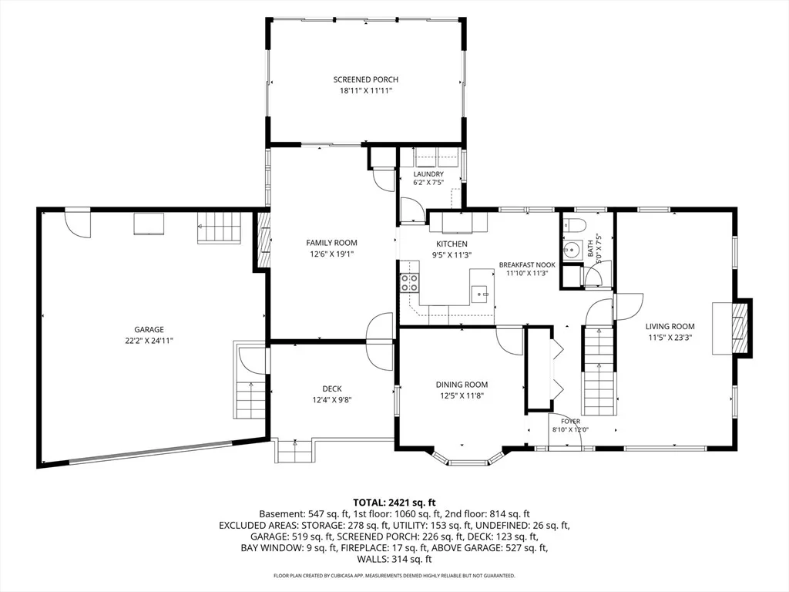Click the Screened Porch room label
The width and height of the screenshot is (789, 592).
pyautogui.click(x=366, y=79)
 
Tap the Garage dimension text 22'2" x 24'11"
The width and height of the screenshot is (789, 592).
pyautogui.click(x=149, y=341)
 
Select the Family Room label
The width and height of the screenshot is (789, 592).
pyautogui.click(x=331, y=243)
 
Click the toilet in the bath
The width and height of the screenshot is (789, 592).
pyautogui.click(x=572, y=224)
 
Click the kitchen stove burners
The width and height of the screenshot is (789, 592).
pyautogui.click(x=410, y=283)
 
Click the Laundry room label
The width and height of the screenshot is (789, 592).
pyautogui.click(x=428, y=174)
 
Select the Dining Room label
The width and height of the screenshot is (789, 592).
pyautogui.click(x=462, y=385)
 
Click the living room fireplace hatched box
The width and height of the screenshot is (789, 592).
pyautogui.click(x=739, y=328)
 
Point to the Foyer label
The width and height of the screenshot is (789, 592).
pyautogui.click(x=571, y=422)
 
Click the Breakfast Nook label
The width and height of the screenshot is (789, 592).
pyautogui.click(x=527, y=265)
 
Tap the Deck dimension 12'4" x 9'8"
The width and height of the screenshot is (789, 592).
pyautogui.click(x=331, y=400)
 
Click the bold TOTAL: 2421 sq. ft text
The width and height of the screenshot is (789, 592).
pyautogui.click(x=394, y=502)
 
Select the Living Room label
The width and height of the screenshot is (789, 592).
pyautogui.click(x=670, y=326)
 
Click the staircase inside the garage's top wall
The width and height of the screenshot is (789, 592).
pyautogui.click(x=220, y=228)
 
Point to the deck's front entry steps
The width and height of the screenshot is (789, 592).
pyautogui.click(x=294, y=451)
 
